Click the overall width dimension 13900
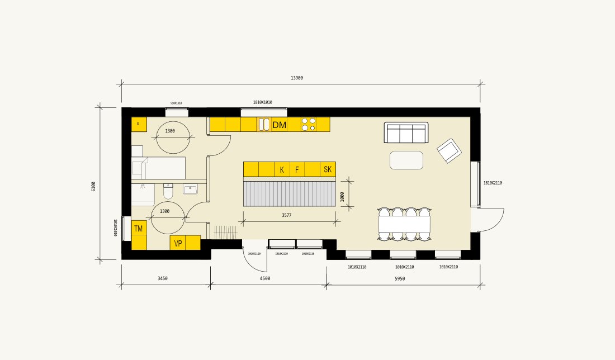click(x=296, y=78)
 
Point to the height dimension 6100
click(x=93, y=186)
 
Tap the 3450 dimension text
click(x=162, y=278)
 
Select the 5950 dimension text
click(x=400, y=278)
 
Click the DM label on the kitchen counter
click(x=279, y=125)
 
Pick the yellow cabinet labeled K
click(x=282, y=169)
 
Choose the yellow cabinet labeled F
click(x=297, y=169)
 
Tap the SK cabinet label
click(x=328, y=169)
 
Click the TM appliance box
click(x=139, y=228)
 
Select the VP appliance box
click(x=178, y=243)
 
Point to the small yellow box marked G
click(x=139, y=124)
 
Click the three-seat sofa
click(x=406, y=132)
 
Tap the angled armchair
click(x=449, y=150)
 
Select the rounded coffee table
click(x=406, y=160)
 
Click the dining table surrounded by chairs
click(x=405, y=224)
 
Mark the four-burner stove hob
click(x=308, y=124)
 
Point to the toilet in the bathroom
click(x=168, y=192)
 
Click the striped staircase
click(x=290, y=193)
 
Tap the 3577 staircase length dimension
click(x=287, y=215)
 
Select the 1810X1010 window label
click(x=262, y=102)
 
